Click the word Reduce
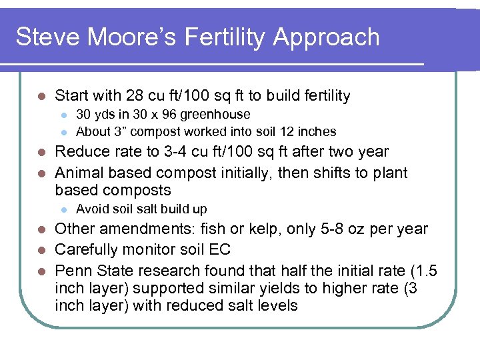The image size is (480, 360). tap(79, 152)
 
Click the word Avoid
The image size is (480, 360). tap(90, 209)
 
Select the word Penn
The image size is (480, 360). tap(70, 271)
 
